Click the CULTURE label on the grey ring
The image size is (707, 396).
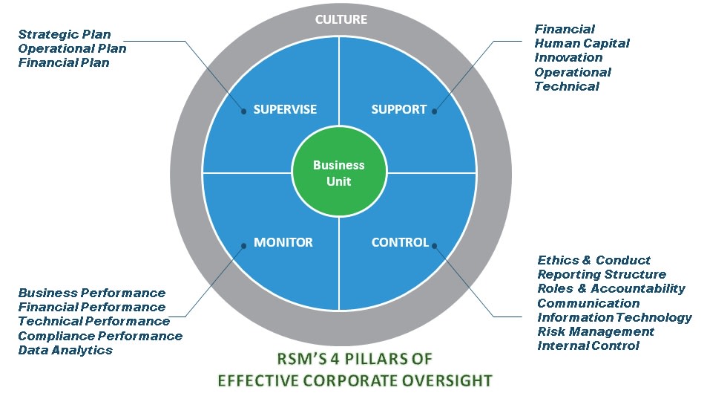click(x=341, y=19)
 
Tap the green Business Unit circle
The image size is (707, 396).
click(x=339, y=173)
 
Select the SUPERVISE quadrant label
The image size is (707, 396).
click(x=285, y=109)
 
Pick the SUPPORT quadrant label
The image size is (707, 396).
click(x=398, y=109)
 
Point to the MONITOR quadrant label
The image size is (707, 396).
click(x=283, y=242)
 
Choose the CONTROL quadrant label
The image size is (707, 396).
click(x=400, y=242)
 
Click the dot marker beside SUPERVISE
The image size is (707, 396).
click(x=243, y=111)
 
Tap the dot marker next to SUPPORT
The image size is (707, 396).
click(x=435, y=111)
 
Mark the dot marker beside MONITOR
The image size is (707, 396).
click(x=243, y=246)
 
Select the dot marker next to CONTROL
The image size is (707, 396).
click(x=435, y=246)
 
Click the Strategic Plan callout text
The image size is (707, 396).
click(x=65, y=35)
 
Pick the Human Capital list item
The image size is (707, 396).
click(x=582, y=43)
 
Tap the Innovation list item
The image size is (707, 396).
click(x=568, y=57)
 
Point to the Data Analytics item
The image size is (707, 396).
click(x=65, y=351)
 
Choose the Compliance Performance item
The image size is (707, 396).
click(x=100, y=336)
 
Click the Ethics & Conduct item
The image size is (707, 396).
click(x=593, y=260)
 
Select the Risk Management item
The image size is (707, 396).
click(x=596, y=332)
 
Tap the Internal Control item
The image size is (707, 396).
click(x=588, y=346)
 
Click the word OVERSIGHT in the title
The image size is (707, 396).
click(x=447, y=380)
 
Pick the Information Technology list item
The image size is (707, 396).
click(x=614, y=317)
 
